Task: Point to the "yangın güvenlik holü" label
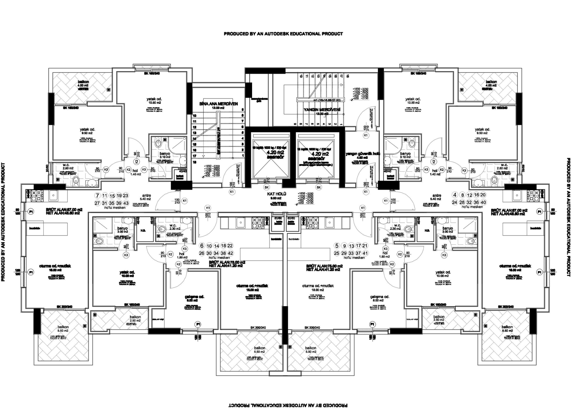click(363, 154)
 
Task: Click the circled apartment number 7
click(97, 196)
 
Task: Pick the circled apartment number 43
click(126, 203)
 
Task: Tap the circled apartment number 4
click(455, 195)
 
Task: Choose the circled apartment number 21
click(365, 246)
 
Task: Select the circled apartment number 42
click(230, 253)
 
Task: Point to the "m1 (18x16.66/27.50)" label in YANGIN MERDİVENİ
click(328, 100)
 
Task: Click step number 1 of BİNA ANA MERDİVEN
click(243, 156)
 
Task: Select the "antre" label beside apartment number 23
click(146, 195)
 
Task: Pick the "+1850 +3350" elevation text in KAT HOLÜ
click(305, 194)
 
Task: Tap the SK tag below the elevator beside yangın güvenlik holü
click(319, 187)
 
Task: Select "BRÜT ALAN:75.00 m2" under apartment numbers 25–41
click(325, 266)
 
